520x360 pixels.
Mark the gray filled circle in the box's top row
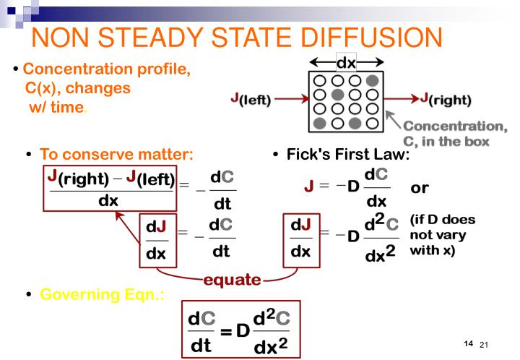pos(371,80)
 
